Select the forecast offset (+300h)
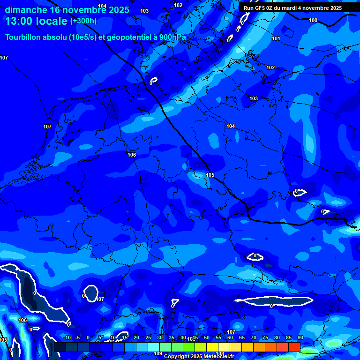click(x=83, y=21)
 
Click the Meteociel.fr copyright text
click(x=199, y=356)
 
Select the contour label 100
click(x=313, y=20)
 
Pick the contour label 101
click(x=276, y=38)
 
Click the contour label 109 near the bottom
click(x=158, y=353)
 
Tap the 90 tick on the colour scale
click(x=300, y=337)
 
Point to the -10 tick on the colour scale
click(x=67, y=337)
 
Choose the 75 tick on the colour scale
click(x=265, y=337)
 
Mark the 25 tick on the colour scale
click(x=148, y=337)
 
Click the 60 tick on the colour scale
click(x=230, y=337)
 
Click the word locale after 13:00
click(x=52, y=21)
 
